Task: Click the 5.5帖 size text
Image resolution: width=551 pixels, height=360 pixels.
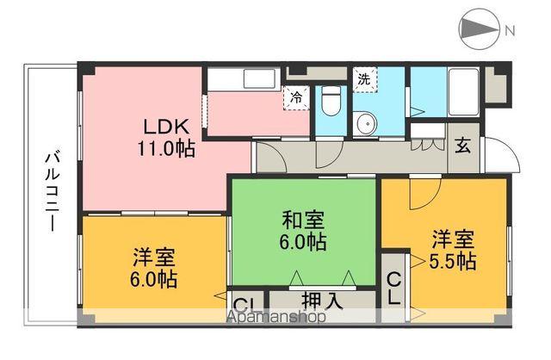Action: (455, 260)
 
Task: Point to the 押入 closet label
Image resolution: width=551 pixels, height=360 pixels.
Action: (321, 301)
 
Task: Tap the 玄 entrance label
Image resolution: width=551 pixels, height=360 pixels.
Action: (463, 145)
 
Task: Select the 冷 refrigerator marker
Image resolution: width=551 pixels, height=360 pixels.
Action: (296, 97)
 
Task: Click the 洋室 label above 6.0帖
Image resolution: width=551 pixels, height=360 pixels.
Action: (154, 257)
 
